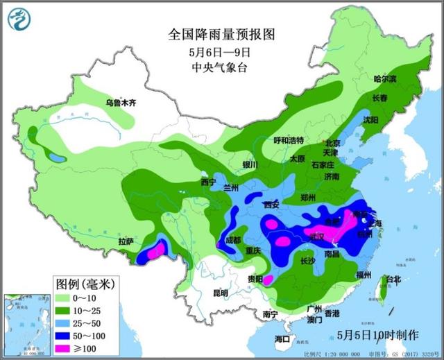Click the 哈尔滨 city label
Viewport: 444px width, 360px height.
coord(387,78)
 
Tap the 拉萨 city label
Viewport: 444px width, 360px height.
coord(126,241)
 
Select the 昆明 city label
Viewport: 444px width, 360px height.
coord(221,293)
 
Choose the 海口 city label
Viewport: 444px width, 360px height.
coord(282,338)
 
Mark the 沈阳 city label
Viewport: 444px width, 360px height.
coord(371,120)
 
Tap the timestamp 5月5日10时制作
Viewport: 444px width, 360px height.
coord(378,334)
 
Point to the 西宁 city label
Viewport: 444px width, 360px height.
coord(209,182)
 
